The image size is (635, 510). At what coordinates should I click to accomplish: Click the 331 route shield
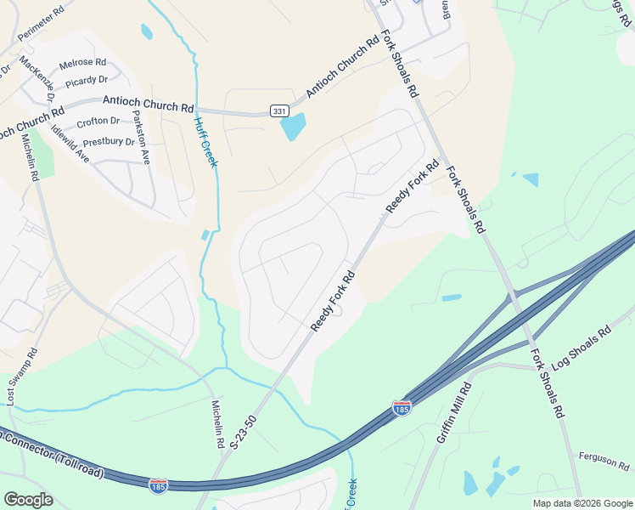(279, 111)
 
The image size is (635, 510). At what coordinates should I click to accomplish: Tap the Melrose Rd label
(82, 63)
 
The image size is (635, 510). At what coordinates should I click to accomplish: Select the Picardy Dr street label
(87, 79)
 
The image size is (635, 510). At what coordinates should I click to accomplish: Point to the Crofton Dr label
(97, 122)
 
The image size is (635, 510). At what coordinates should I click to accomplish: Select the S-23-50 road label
(243, 433)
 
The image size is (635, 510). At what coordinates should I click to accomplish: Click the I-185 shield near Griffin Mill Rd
(402, 409)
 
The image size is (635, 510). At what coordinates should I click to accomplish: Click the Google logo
(28, 500)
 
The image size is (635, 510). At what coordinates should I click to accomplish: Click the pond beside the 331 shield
(293, 127)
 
